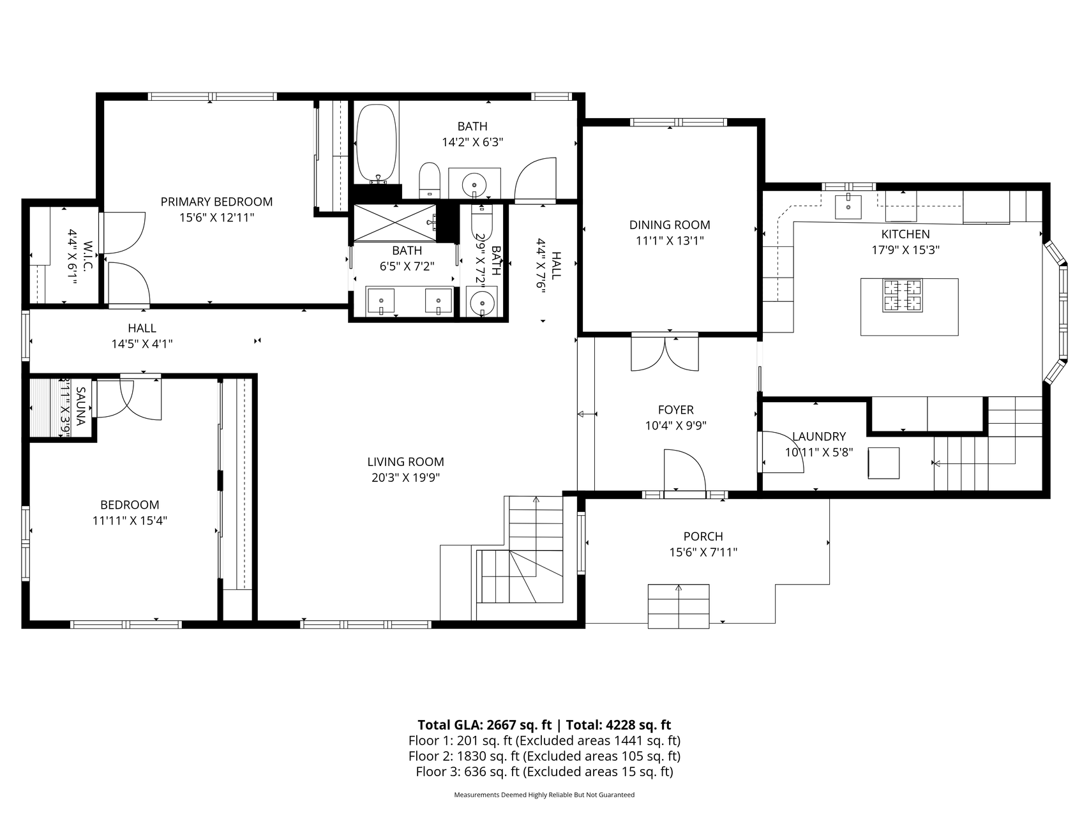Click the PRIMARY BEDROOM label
216,202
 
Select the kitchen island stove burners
903,296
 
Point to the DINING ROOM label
670,225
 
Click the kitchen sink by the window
848,206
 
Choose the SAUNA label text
81,406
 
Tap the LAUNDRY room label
819,437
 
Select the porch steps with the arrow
679,606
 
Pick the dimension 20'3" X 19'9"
405,477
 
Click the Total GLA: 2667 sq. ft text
484,724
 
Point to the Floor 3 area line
544,772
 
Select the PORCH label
703,537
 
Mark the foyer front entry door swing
684,470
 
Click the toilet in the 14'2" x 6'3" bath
430,181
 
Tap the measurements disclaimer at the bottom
544,795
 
